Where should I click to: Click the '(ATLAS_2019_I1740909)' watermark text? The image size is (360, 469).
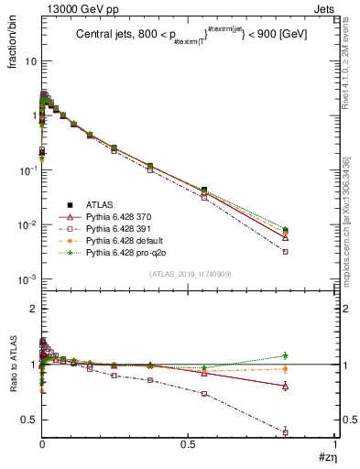[x=191, y=274]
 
